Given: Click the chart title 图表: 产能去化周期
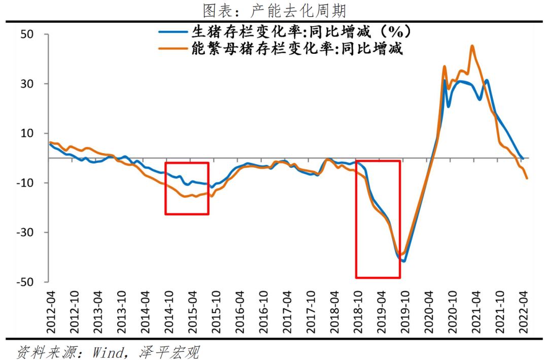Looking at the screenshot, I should click(274, 10).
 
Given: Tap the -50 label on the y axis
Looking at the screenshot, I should click(37, 282).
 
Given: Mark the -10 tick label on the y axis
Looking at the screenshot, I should click(37, 183).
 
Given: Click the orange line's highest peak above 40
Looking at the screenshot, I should click(472, 46).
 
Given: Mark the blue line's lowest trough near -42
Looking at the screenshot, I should click(404, 261).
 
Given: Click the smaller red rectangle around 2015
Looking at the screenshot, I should click(187, 188).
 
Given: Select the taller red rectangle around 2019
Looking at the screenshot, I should click(378, 219).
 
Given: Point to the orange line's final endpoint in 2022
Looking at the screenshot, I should click(527, 178).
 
